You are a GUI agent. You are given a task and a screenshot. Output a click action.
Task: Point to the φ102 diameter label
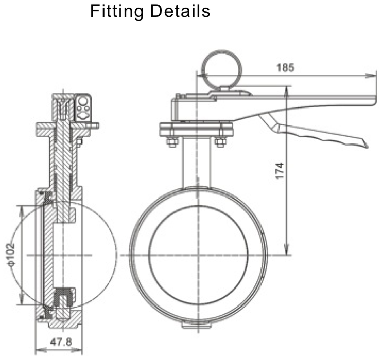pos(11,255)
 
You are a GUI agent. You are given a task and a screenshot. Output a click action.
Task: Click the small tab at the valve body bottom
pos(198,325)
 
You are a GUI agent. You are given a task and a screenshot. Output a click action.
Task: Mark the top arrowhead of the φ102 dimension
pos(21,207)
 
